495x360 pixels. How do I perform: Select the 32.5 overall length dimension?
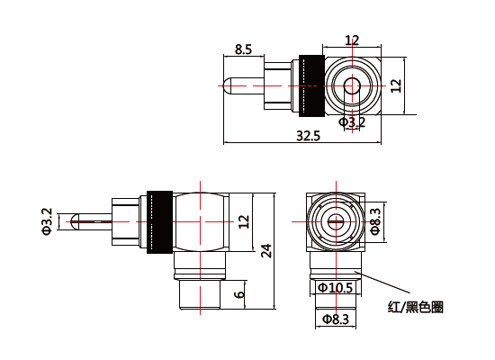(308, 135)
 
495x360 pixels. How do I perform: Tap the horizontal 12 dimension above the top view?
(352, 40)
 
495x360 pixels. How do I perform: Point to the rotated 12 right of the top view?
(396, 85)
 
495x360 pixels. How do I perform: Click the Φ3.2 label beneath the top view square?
(352, 121)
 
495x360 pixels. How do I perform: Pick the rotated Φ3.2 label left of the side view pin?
(47, 221)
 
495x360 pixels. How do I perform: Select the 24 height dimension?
(265, 251)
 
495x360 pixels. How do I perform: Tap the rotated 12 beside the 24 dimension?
(243, 221)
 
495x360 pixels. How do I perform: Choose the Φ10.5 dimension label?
(336, 288)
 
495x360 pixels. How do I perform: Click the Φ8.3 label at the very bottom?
(335, 319)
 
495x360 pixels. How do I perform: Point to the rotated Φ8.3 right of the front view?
(375, 220)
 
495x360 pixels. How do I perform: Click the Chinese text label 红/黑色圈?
(415, 307)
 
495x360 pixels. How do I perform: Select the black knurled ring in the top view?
(310, 86)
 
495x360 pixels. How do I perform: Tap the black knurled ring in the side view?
(159, 221)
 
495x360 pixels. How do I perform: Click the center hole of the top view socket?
(352, 86)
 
